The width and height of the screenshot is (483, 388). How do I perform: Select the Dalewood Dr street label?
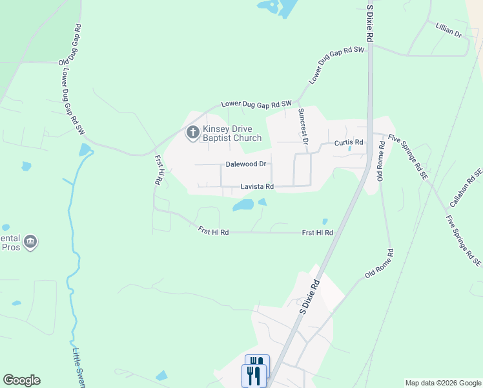coord(246,164)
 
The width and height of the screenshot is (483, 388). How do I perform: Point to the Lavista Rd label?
coord(257,187)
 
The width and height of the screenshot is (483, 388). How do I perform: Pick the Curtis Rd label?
coord(349,142)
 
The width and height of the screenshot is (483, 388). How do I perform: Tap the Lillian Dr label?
coord(449,32)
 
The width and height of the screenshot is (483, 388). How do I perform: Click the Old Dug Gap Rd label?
coord(70,44)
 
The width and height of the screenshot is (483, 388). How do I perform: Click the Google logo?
coord(21,380)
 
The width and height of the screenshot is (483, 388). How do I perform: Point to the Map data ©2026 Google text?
coord(443,383)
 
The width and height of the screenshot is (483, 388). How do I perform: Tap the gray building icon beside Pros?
coord(30,243)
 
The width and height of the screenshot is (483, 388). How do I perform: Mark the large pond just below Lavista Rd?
coord(243,205)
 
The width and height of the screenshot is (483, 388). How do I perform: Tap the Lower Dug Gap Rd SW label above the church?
coord(256,103)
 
